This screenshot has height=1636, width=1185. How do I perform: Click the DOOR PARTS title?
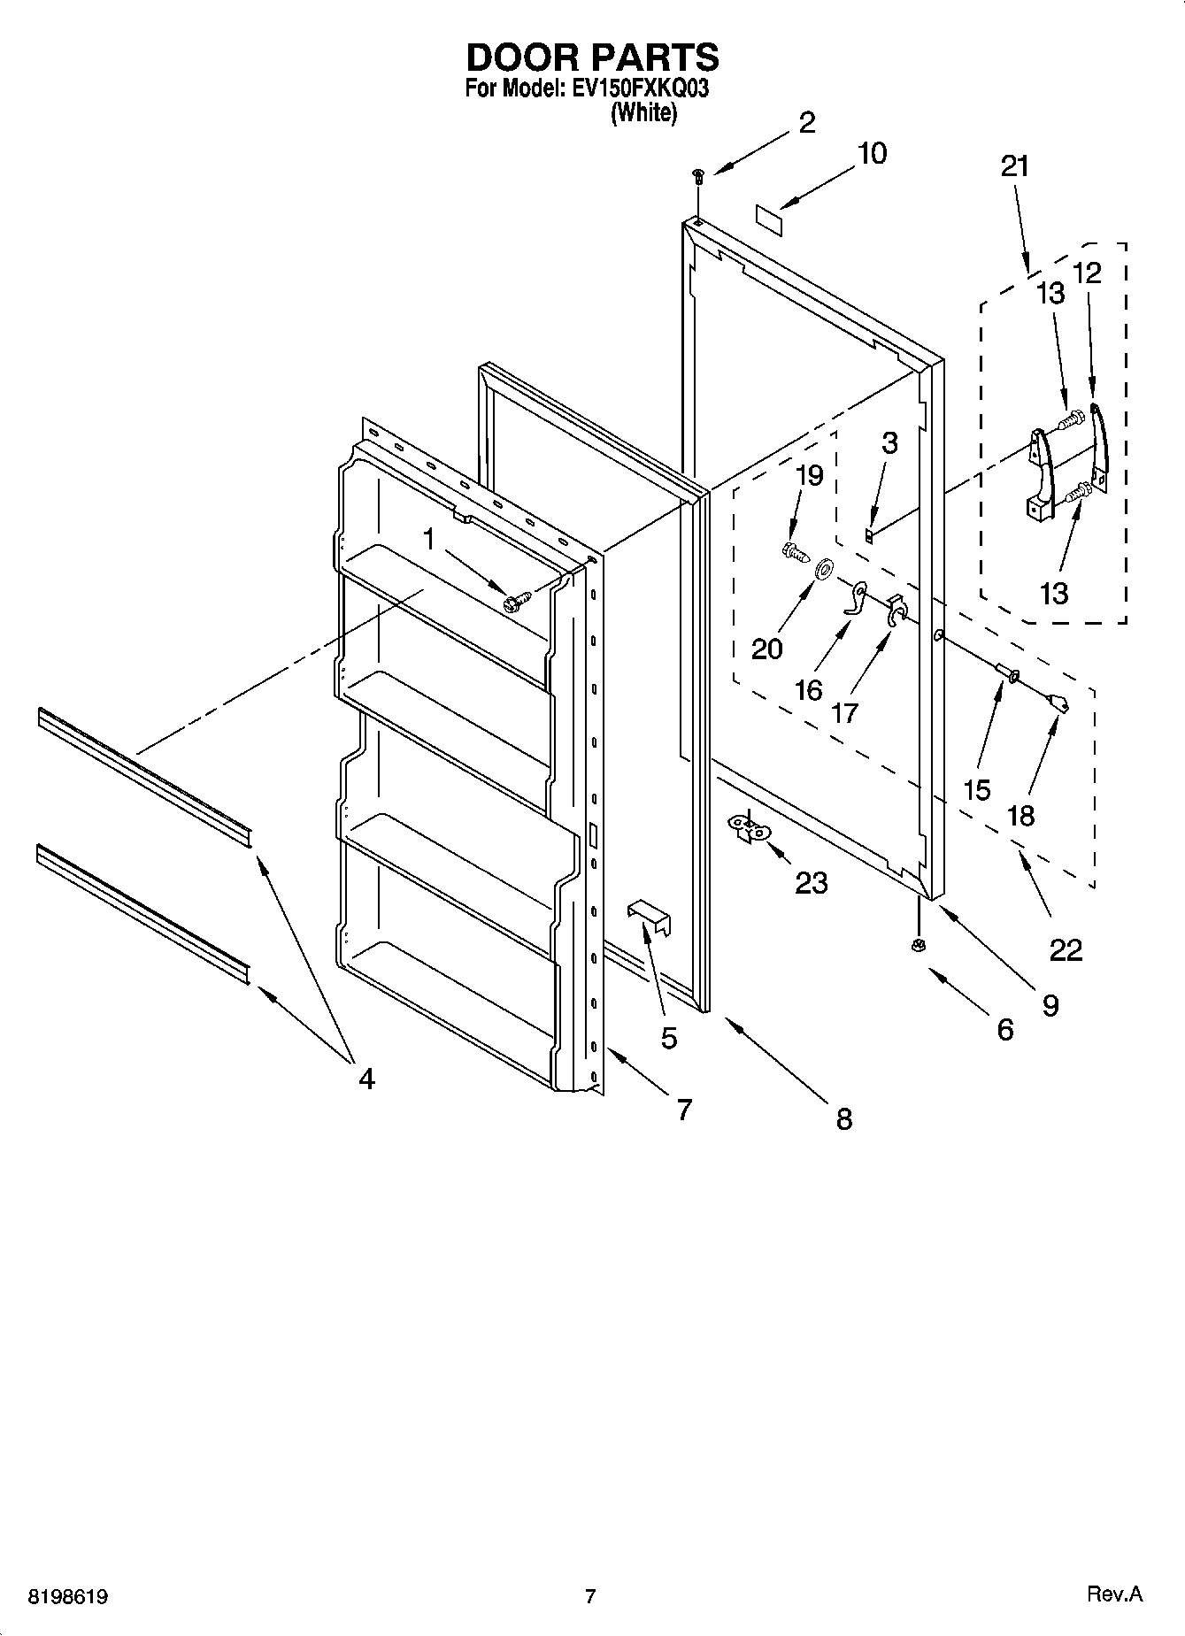592,58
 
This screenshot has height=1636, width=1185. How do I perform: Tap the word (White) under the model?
643,112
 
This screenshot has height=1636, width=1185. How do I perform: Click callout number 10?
871,153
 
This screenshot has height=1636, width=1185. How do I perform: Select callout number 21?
1014,166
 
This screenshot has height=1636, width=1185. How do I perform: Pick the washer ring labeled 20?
822,568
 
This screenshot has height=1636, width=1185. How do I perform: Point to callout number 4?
366,1078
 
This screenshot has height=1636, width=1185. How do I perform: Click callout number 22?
1066,950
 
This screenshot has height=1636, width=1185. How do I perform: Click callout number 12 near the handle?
1087,273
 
